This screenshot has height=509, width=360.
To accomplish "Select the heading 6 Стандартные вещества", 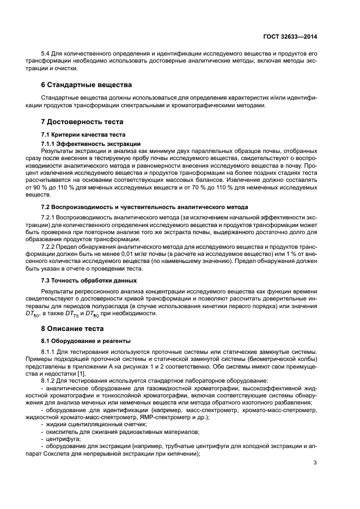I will click(x=84, y=85).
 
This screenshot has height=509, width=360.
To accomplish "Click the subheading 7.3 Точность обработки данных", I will click(x=89, y=280).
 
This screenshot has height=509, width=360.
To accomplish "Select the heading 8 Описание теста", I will click(x=74, y=329).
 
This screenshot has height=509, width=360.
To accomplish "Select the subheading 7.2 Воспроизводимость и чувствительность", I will click(x=144, y=207).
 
